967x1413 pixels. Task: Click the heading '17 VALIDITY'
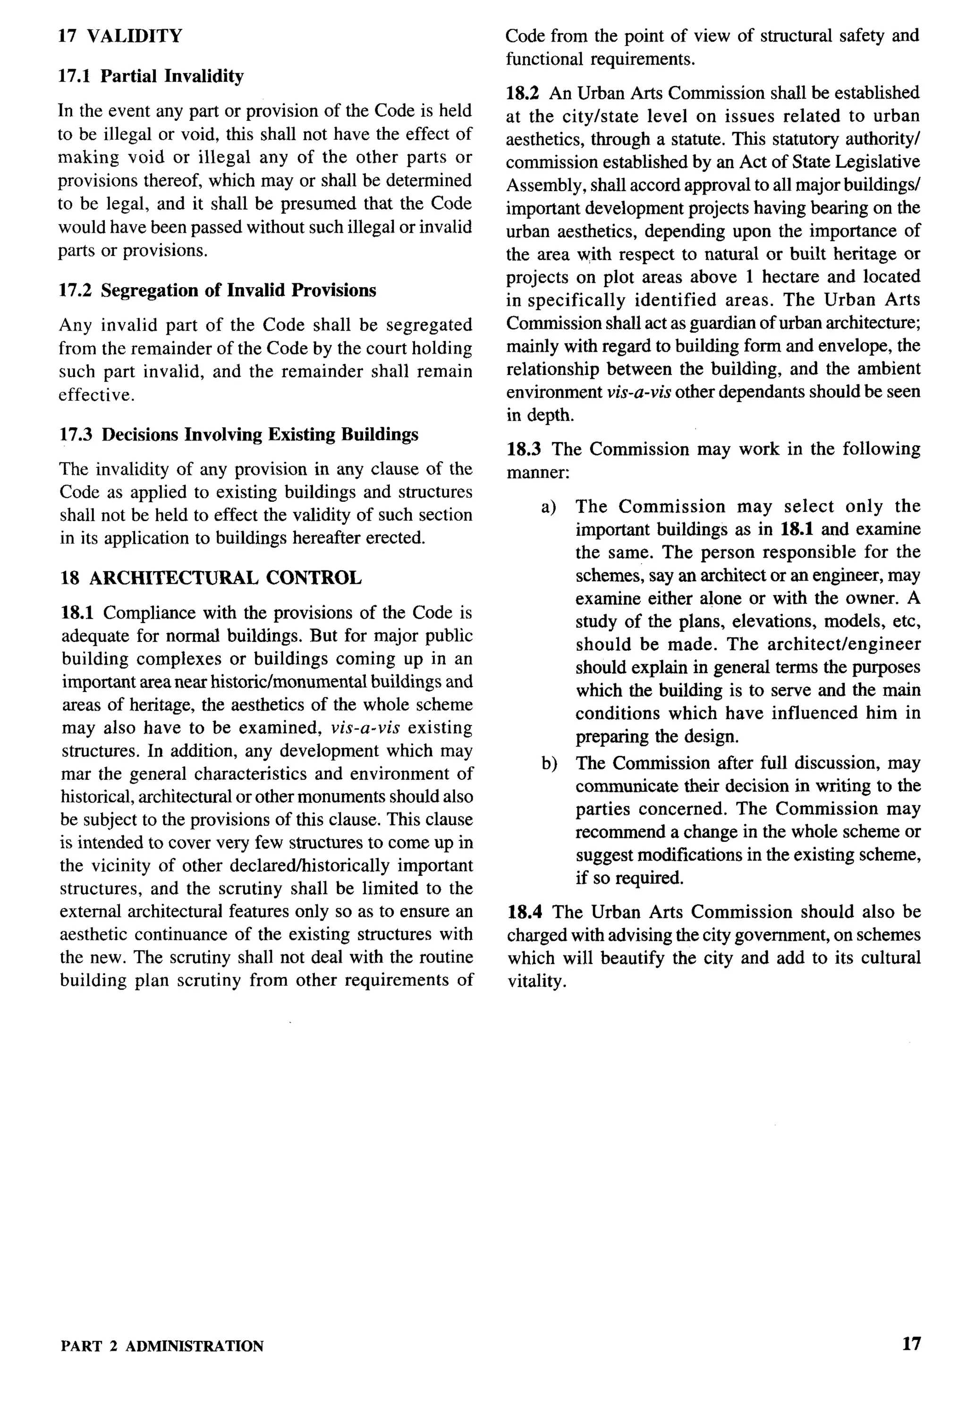pyautogui.click(x=120, y=36)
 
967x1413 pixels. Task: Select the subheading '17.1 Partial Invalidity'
pyautogui.click(x=151, y=76)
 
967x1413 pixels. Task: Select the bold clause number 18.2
pyautogui.click(x=523, y=93)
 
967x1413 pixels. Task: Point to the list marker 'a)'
pyautogui.click(x=549, y=507)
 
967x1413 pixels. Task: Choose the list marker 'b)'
pyautogui.click(x=549, y=763)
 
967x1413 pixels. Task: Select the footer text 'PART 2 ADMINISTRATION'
pyautogui.click(x=162, y=1346)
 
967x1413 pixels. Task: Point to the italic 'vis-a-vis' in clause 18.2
pyautogui.click(x=638, y=392)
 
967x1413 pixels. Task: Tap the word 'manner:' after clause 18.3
pyautogui.click(x=538, y=473)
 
